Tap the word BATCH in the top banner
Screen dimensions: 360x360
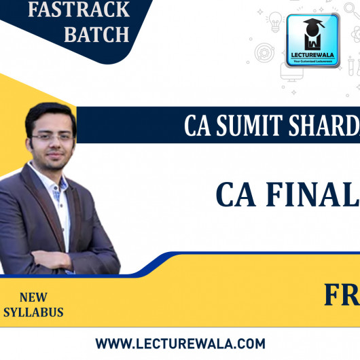tap(96, 35)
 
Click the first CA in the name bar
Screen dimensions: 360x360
tap(200, 126)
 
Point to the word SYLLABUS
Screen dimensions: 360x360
tap(33, 312)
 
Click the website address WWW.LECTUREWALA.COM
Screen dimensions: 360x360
tap(180, 344)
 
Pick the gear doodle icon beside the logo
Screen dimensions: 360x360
tap(266, 52)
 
